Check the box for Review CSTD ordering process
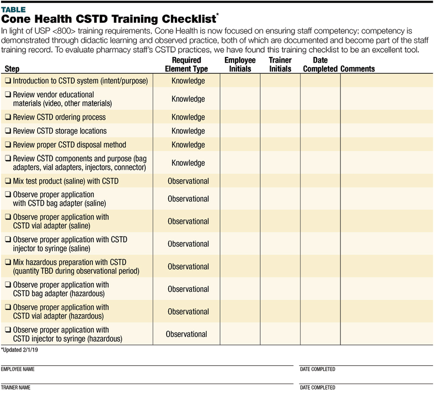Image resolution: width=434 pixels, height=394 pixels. coord(8,117)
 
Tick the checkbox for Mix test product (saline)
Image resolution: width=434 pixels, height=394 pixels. coord(8,181)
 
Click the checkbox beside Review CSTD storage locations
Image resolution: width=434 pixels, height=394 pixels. coord(8,131)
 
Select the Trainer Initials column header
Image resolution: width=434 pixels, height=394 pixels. coord(280,65)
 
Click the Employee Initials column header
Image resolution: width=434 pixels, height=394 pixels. coord(240,65)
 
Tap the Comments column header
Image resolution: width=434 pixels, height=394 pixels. coord(358,69)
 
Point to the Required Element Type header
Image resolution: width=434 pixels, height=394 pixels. coord(186,65)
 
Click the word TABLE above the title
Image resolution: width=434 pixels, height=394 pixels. coord(13,9)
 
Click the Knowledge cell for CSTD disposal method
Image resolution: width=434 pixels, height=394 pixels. coord(188,145)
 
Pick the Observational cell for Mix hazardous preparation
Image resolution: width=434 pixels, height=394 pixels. coord(188,267)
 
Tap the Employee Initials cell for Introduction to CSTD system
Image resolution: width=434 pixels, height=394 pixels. coord(240,81)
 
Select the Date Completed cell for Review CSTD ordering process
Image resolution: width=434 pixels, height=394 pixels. coord(320,117)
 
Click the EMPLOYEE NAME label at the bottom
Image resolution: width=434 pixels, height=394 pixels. coord(18,369)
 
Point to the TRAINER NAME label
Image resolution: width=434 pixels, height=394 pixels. coord(16,388)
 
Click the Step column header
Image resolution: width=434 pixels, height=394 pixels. coord(12,69)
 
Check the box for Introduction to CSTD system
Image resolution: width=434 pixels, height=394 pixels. coord(8,81)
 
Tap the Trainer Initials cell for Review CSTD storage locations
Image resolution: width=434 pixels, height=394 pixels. coord(280,131)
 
